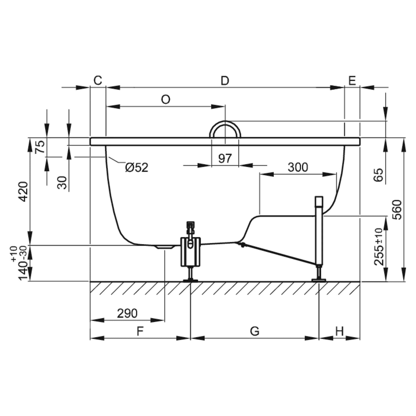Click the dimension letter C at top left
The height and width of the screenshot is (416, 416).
[98, 81]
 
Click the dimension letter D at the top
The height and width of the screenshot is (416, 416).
[225, 81]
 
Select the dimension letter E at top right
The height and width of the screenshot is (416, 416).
[352, 81]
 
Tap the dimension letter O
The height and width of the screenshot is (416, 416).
[166, 100]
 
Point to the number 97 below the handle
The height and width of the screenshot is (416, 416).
[225, 158]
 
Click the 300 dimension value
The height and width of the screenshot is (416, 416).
[298, 167]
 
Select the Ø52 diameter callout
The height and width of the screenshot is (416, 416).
[137, 167]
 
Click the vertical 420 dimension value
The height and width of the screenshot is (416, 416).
[23, 192]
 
